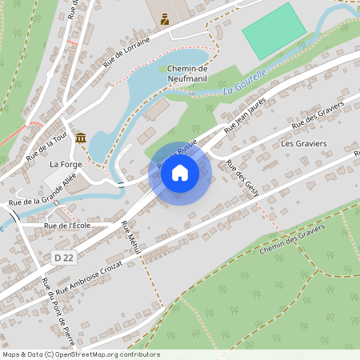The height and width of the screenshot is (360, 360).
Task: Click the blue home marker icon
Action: click(x=180, y=172)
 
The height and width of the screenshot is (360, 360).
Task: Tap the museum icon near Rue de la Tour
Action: click(x=81, y=138)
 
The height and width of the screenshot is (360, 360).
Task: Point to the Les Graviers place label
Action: click(x=304, y=143)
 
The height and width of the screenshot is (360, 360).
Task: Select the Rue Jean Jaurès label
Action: click(x=245, y=114)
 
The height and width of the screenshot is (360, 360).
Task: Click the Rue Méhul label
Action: click(x=130, y=238)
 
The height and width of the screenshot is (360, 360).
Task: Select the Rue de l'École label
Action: click(x=67, y=226)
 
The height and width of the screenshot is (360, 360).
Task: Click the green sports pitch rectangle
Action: click(x=274, y=30)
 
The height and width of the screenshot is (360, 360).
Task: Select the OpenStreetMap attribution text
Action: click(x=80, y=354)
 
